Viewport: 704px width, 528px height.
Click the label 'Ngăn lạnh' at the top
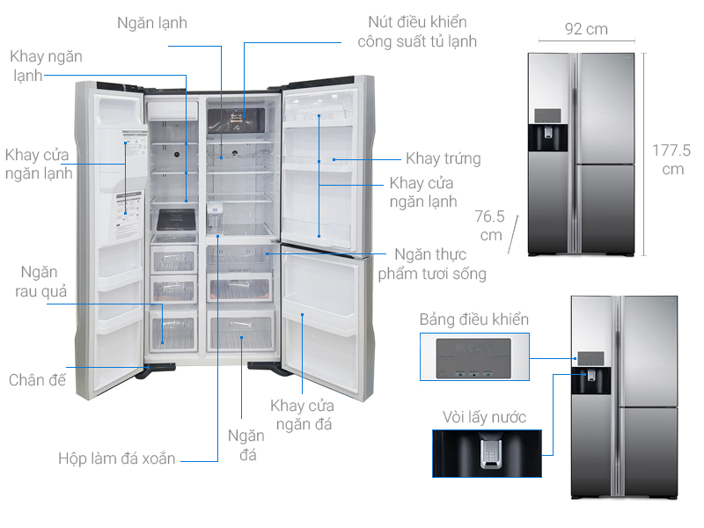(152, 23)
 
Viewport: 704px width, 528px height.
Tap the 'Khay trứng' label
(443, 158)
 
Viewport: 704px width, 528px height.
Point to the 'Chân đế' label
(38, 380)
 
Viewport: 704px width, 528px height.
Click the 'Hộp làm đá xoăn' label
(117, 458)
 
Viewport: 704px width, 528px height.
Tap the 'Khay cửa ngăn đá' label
(302, 415)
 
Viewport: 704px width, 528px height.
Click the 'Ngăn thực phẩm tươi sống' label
(431, 263)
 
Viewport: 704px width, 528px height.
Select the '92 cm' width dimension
(585, 29)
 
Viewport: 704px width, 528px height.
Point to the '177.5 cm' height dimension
(671, 158)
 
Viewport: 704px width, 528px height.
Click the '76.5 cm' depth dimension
(488, 226)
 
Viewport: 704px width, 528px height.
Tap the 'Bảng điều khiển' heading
(474, 319)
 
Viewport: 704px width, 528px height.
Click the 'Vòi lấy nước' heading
(485, 416)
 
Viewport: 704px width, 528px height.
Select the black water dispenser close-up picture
(485, 453)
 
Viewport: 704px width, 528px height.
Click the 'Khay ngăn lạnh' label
(46, 66)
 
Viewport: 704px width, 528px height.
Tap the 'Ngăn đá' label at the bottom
(246, 445)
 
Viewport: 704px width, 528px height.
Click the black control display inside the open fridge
(236, 121)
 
